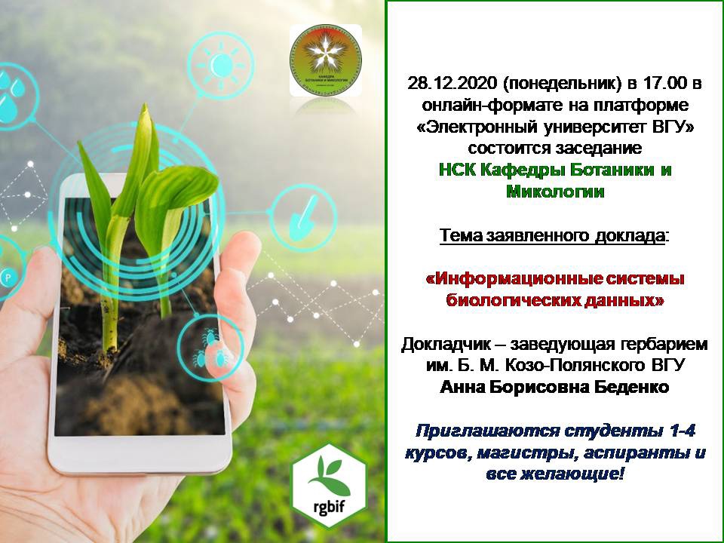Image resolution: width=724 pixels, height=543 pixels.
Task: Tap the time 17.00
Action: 664,84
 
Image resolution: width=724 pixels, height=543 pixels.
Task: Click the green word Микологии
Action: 555,191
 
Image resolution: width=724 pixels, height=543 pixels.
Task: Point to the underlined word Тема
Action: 461,235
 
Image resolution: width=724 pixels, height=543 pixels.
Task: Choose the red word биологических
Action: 514,300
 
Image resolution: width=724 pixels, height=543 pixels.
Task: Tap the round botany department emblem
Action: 326,60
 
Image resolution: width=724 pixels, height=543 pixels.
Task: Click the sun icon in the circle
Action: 221,64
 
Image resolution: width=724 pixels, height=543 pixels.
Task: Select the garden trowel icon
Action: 303,218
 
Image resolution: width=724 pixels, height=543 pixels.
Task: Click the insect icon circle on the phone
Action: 210,348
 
